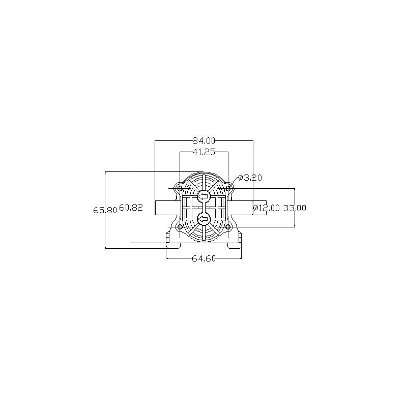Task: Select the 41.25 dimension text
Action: coord(204,152)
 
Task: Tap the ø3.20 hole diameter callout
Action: coord(250,178)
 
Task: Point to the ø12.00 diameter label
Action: coord(267,208)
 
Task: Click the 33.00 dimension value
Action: coord(295,208)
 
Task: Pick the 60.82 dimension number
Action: coord(131,208)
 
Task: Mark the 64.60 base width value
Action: coord(204,258)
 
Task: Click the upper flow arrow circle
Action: coord(203,196)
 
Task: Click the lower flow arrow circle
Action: coord(203,219)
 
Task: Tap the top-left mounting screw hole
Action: coord(180,189)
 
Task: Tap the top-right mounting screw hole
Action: coord(228,189)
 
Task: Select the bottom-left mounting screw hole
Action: coord(180,227)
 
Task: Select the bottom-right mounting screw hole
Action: coord(228,227)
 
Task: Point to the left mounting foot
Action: coord(173,242)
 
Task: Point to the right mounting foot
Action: coord(235,242)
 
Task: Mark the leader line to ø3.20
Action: coord(235,182)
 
